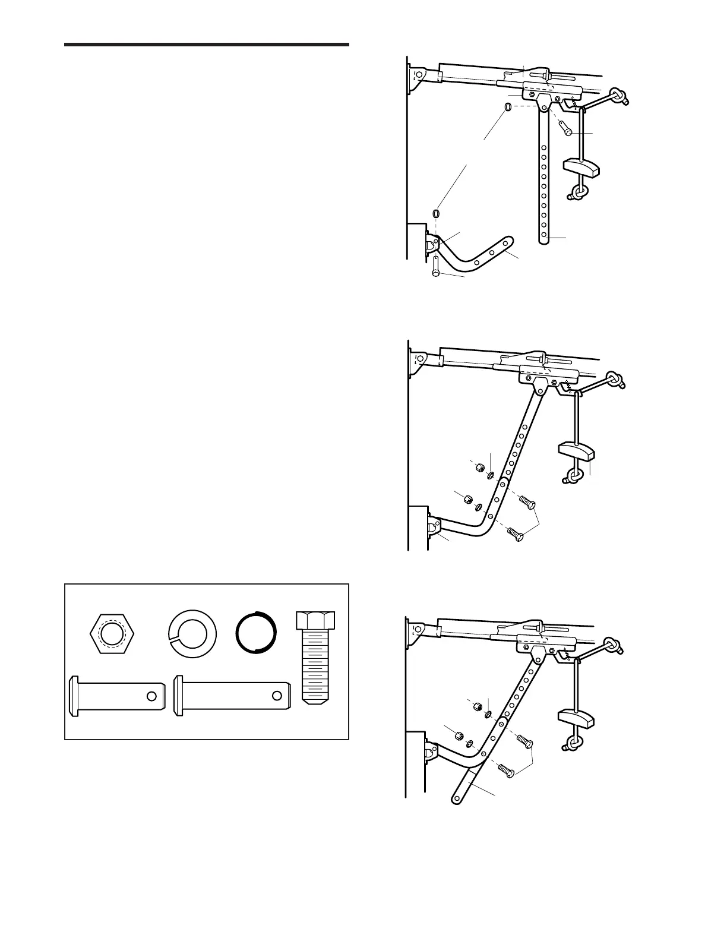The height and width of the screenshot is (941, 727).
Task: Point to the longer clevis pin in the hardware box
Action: pyautogui.click(x=232, y=696)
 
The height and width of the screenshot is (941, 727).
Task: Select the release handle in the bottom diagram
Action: pyautogui.click(x=576, y=719)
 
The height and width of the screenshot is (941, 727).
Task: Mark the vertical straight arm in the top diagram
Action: pyautogui.click(x=544, y=178)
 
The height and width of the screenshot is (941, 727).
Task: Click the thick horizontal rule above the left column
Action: pyautogui.click(x=206, y=45)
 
